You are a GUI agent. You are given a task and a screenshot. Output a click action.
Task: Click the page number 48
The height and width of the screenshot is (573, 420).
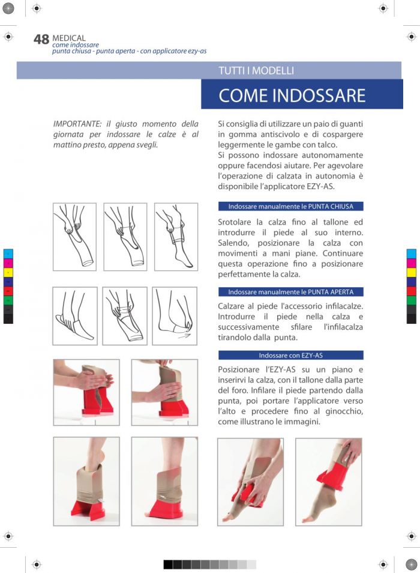tap(41, 39)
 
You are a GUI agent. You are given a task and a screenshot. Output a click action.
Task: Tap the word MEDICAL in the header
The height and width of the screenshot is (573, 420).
tap(69, 38)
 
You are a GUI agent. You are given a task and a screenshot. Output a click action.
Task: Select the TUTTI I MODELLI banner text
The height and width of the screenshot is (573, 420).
tap(256, 70)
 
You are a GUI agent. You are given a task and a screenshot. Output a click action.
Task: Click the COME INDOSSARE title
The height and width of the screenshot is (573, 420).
tap(292, 95)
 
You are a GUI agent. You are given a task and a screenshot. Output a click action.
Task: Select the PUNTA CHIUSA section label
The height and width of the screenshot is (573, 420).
tap(331, 207)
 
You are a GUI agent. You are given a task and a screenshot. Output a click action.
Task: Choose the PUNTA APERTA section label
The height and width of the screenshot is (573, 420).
tap(331, 292)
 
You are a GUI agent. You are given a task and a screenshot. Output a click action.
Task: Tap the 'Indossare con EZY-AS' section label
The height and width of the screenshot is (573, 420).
tap(291, 355)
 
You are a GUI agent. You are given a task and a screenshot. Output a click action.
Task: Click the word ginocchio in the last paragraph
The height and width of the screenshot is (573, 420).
tap(344, 411)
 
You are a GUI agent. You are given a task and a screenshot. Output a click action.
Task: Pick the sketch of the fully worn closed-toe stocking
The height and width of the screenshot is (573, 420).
tap(176, 237)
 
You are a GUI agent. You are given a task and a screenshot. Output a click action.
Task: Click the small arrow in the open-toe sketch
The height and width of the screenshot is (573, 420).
tap(184, 335)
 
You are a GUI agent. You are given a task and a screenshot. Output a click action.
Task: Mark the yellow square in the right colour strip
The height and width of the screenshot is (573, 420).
tap(411, 273)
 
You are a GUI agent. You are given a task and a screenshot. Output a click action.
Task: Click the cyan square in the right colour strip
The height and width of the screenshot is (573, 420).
tap(411, 254)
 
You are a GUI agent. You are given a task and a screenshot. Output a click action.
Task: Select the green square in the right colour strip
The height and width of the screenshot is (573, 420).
tap(411, 300)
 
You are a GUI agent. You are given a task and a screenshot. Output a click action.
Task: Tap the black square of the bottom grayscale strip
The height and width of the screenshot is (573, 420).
tap(168, 564)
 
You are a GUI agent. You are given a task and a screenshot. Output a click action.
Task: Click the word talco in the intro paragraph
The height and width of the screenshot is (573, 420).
tap(328, 145)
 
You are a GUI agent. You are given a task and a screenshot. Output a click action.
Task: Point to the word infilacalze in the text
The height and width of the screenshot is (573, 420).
tap(342, 306)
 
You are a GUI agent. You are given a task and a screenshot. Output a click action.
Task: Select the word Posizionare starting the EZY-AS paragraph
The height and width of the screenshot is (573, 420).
tap(238, 369)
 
